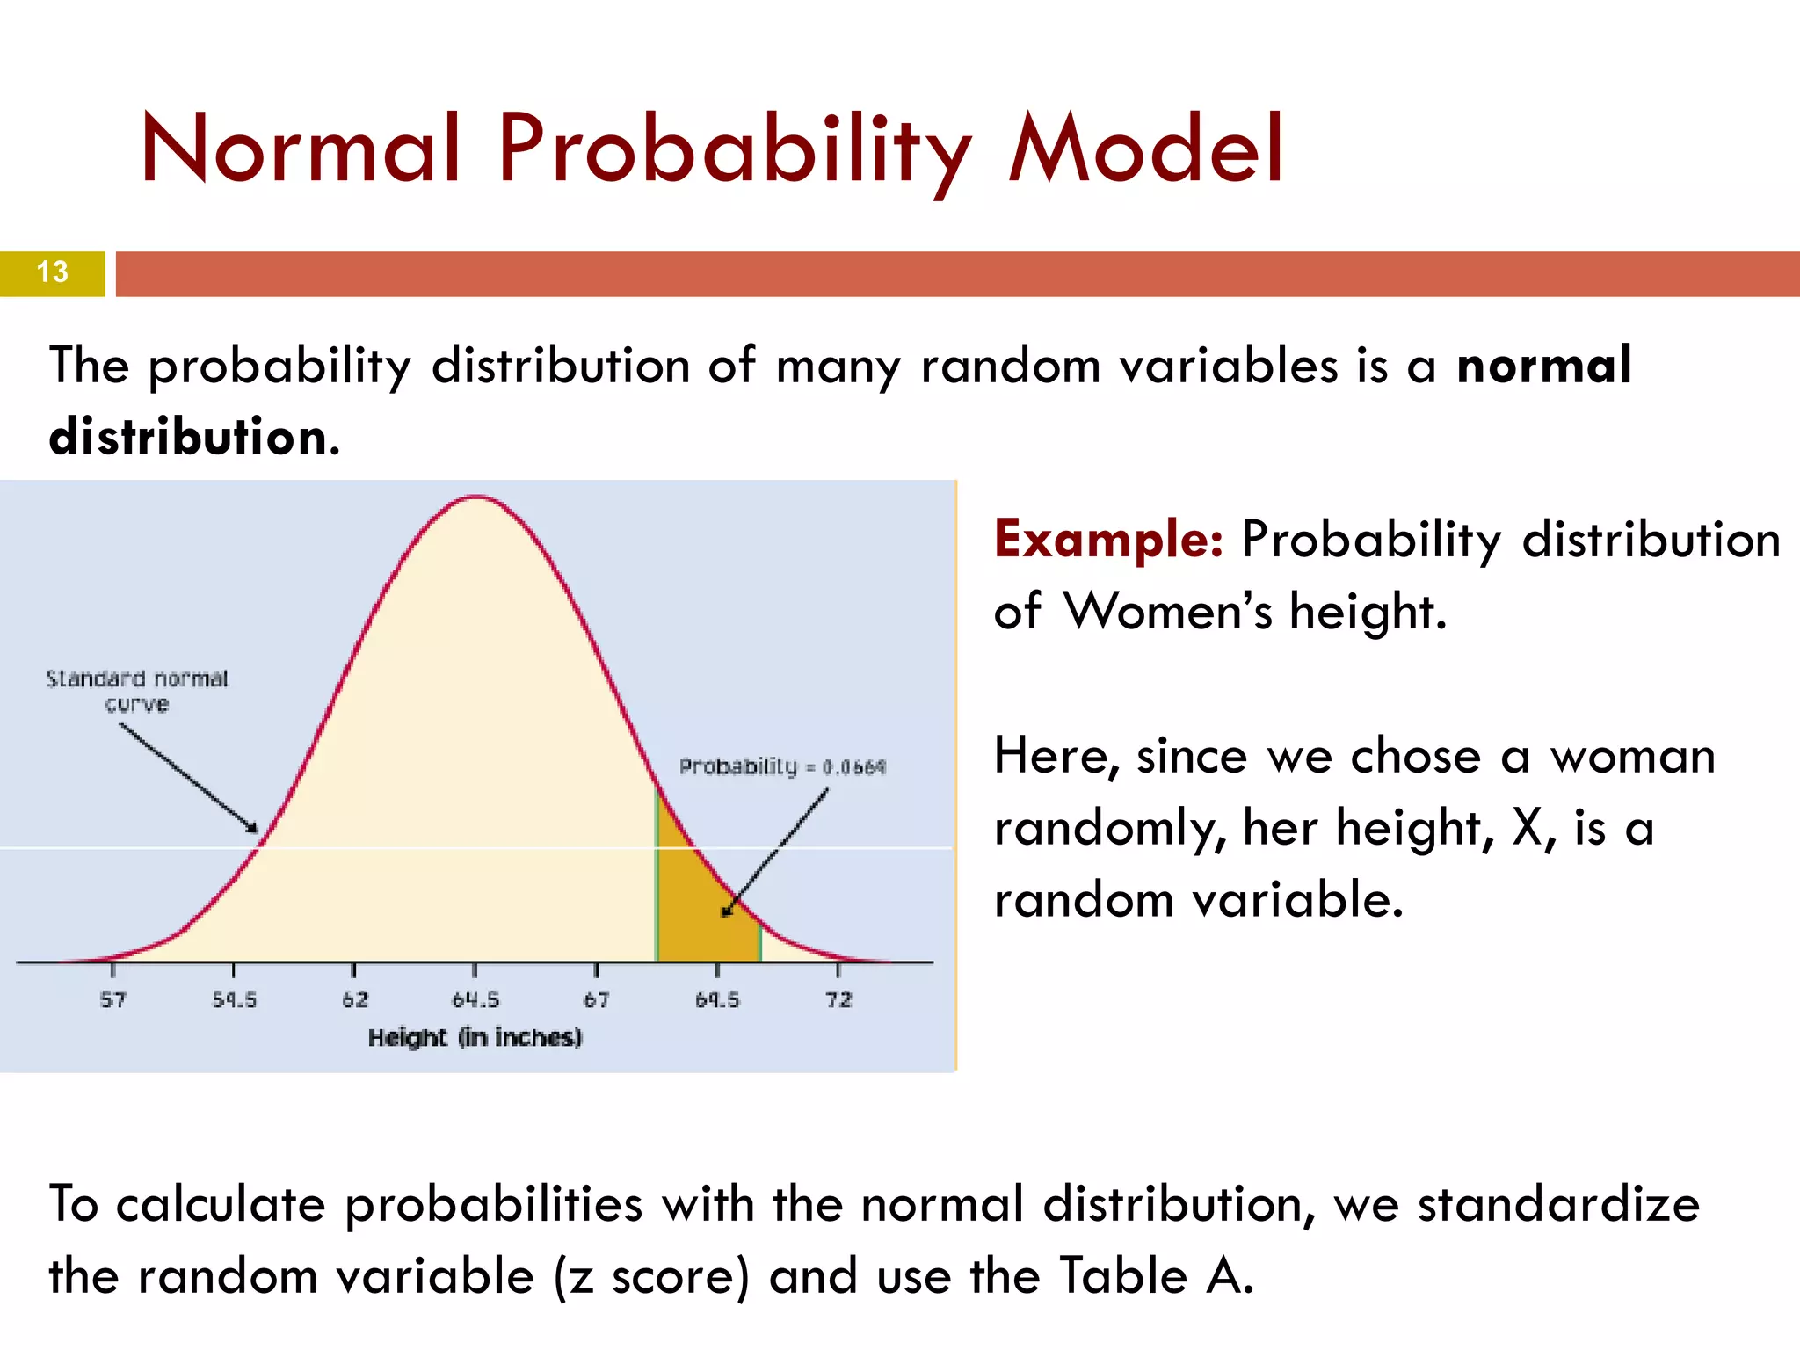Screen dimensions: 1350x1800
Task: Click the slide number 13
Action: pos(53,272)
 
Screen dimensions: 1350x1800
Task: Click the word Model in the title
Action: pos(1147,149)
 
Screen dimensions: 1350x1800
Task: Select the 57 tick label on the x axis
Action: pos(112,1000)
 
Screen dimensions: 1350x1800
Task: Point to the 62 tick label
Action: pos(355,1000)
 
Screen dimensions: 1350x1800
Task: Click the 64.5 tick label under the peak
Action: pos(475,1000)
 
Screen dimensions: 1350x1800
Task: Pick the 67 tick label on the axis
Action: pos(596,1000)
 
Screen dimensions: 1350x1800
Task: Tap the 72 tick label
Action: pos(838,1000)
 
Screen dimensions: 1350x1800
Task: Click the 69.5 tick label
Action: pos(717,1000)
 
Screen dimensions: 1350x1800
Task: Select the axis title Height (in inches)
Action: pos(475,1038)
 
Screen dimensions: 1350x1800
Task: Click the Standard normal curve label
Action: pos(137,691)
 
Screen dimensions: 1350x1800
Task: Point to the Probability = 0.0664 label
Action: pos(782,767)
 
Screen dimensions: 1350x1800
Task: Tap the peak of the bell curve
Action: pos(475,498)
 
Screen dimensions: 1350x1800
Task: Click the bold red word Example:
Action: pos(1108,539)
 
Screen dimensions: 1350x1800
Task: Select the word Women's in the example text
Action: pos(1167,611)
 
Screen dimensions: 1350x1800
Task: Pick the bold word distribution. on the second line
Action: pos(194,437)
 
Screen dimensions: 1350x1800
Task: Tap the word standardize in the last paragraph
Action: pos(1557,1204)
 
